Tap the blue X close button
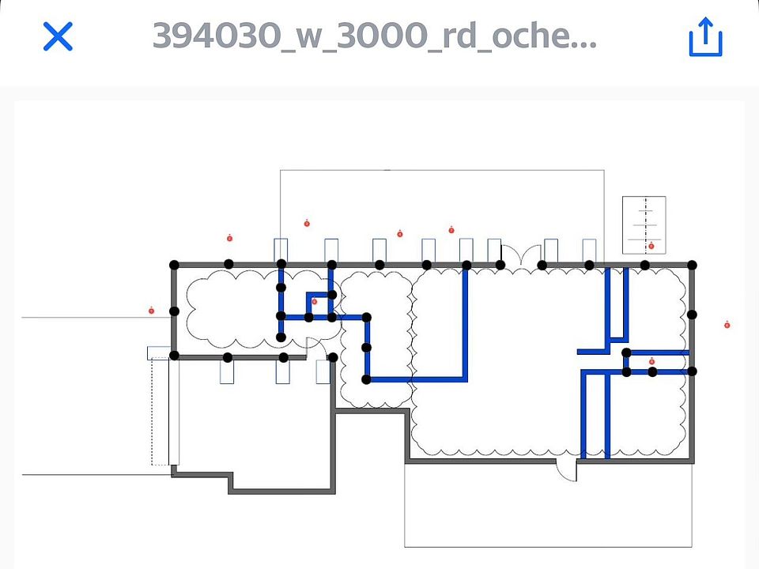point(58,36)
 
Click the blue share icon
point(705,37)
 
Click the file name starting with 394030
point(374,36)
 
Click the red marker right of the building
point(727,325)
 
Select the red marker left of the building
point(151,311)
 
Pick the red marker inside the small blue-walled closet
point(314,301)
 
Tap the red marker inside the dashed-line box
point(651,246)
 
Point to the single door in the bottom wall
point(566,469)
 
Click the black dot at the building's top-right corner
point(693,265)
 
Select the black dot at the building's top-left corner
point(175,265)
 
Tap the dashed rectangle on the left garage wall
point(161,411)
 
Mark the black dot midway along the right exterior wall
point(693,315)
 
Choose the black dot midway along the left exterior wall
point(175,311)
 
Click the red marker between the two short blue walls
point(651,362)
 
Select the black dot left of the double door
point(500,265)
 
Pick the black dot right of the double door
point(542,265)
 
